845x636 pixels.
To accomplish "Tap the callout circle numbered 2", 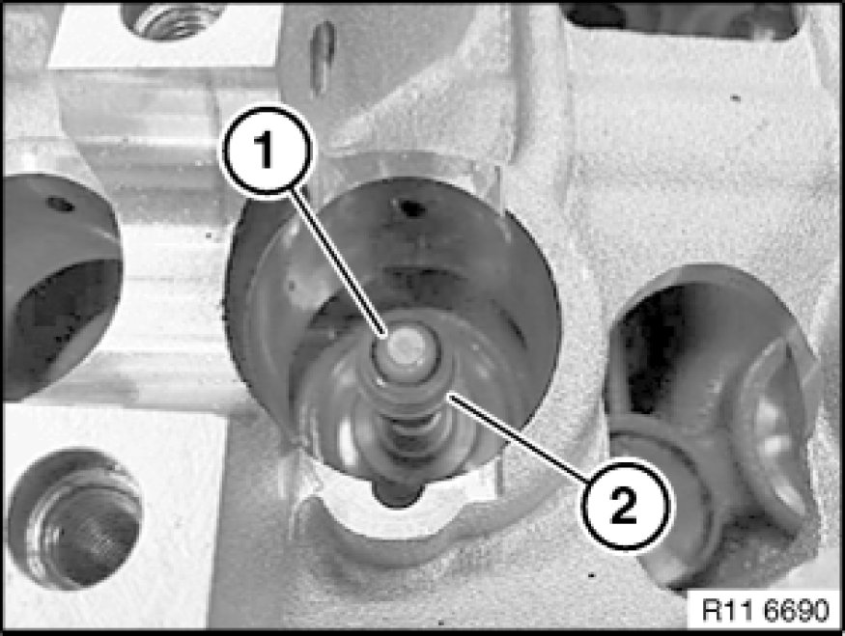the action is (x=625, y=505).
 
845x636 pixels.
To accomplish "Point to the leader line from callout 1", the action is (x=338, y=263).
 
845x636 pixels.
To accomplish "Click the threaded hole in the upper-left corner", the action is (x=171, y=20).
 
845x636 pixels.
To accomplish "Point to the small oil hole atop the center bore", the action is (x=409, y=207).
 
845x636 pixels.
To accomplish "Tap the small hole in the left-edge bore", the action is (x=59, y=204).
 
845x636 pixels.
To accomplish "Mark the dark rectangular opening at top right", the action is (x=685, y=21).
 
